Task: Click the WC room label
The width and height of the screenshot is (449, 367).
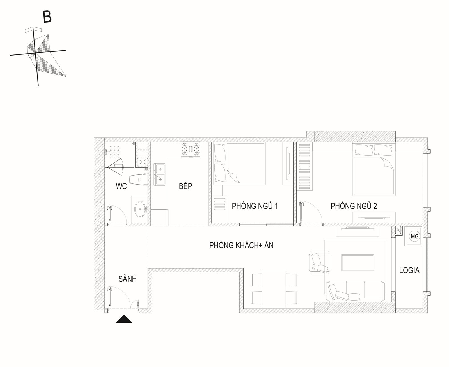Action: (121, 186)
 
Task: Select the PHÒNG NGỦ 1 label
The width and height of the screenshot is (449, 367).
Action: (255, 206)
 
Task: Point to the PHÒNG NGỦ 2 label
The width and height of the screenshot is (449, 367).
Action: (354, 206)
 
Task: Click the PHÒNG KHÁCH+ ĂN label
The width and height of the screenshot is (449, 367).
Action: (241, 245)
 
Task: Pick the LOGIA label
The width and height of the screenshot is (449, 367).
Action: (409, 270)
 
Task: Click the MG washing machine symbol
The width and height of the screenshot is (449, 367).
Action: (414, 236)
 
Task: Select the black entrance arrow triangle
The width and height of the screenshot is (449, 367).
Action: (124, 319)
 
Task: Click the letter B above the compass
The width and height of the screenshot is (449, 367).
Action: (47, 17)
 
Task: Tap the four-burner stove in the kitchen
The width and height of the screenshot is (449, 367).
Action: (191, 150)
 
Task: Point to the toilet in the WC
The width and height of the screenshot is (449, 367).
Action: (138, 180)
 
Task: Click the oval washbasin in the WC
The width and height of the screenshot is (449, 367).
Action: (140, 209)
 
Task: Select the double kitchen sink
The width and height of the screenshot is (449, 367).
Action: (159, 174)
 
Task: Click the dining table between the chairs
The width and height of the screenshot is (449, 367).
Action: (274, 289)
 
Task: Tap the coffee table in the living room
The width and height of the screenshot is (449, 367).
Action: (358, 263)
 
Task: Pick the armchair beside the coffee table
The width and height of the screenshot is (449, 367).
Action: (319, 263)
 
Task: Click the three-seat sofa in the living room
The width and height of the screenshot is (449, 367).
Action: (356, 291)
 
